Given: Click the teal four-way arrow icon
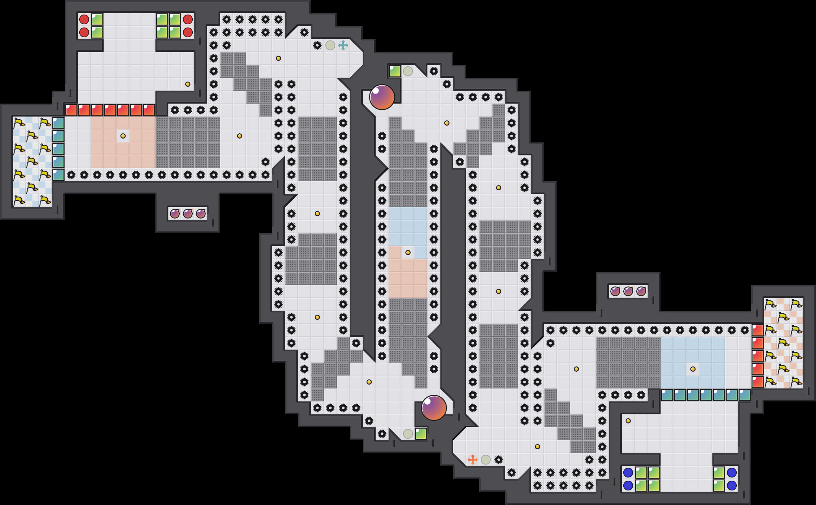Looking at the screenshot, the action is point(343,45).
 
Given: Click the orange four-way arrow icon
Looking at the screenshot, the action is point(472,460).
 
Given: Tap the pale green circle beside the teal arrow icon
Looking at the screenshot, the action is point(330,45).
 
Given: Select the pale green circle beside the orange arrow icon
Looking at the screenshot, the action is point(485,460).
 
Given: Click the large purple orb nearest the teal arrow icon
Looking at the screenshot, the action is point(382,97).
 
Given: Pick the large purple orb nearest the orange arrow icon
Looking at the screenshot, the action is point(434,408).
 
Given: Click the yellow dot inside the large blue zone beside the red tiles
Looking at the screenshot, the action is point(693,369).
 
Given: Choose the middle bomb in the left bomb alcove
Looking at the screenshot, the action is point(188,213).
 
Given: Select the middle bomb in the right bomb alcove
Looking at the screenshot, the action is point(628,291).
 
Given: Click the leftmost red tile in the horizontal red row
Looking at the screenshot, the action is point(71,110).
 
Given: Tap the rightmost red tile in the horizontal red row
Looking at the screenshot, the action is point(149,110).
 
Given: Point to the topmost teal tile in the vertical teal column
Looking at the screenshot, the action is point(58,123).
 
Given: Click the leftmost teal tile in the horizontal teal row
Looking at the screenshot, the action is point(667,395).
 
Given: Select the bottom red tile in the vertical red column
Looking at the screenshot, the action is point(757,382).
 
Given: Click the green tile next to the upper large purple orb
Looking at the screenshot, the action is point(395,71).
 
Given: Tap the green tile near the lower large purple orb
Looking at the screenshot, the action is point(421,434).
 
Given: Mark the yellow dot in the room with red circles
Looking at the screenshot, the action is point(188,84).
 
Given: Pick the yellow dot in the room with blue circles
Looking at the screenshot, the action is point(628,421).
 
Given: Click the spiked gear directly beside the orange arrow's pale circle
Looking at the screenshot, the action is point(498,460).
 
